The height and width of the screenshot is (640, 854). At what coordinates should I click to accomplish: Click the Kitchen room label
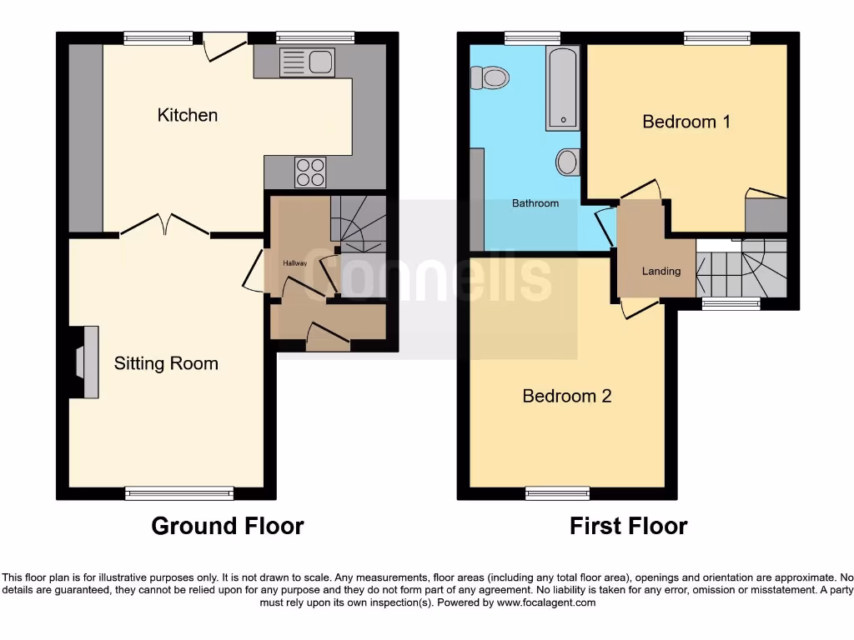click(188, 115)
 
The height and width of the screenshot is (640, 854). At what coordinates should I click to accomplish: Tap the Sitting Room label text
click(166, 363)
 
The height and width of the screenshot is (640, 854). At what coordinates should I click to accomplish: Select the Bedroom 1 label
click(686, 122)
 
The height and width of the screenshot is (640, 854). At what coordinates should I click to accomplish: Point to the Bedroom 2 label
click(566, 396)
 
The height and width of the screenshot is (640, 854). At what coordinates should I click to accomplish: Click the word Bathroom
click(535, 203)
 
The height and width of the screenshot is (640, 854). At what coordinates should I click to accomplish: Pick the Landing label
click(661, 271)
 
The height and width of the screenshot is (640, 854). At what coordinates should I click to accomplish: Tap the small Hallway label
click(295, 263)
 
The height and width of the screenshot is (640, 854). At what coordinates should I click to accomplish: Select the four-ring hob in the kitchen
click(309, 172)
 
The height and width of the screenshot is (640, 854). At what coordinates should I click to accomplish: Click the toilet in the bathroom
click(490, 78)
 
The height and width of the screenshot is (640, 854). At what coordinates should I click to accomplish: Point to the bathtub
click(563, 87)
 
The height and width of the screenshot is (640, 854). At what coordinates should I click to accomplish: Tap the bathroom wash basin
click(567, 162)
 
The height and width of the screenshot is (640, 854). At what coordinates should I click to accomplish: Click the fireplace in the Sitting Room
click(84, 362)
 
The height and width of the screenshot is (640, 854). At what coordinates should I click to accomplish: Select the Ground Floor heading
click(227, 526)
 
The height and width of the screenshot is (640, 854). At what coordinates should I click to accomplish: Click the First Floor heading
click(628, 526)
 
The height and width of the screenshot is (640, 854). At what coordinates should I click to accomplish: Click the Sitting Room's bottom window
click(179, 493)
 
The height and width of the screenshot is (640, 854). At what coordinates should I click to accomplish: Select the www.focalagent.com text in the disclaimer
click(546, 602)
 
